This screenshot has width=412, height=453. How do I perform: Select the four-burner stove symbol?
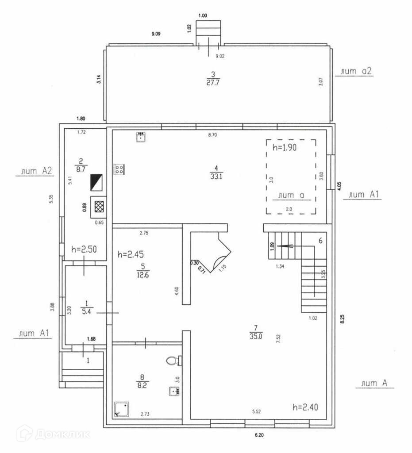[x=119, y=169]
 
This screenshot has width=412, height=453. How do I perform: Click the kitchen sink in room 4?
[x=141, y=137]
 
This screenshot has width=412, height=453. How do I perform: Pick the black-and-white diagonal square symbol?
[x=96, y=182]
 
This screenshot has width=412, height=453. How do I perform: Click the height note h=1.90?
[x=284, y=148]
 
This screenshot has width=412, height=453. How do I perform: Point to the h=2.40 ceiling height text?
[x=305, y=407]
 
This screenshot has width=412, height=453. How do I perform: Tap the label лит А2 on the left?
[x=34, y=171]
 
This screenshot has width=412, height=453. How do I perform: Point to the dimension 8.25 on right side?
[x=342, y=319]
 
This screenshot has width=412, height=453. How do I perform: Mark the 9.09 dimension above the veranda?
[x=156, y=34]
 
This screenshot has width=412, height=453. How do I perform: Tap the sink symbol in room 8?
[x=173, y=391]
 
